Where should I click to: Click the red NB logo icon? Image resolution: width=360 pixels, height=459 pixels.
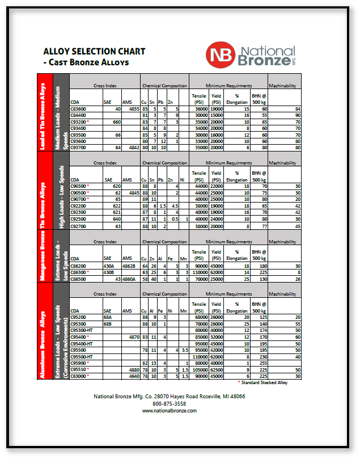(x=219, y=54)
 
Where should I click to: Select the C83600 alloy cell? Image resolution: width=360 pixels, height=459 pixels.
(x=78, y=108)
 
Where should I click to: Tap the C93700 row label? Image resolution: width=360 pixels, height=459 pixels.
(x=78, y=148)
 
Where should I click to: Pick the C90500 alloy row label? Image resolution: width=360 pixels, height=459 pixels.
(x=79, y=192)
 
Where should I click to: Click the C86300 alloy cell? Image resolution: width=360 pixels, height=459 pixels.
(x=79, y=272)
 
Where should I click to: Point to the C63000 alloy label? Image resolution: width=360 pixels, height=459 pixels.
(x=79, y=376)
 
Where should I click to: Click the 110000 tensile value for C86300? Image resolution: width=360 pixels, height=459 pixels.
(x=199, y=272)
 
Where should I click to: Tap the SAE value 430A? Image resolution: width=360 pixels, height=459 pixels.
(x=109, y=266)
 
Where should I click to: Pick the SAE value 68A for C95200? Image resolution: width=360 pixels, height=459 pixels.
(x=108, y=317)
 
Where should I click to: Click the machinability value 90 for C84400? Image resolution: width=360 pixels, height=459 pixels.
(x=297, y=115)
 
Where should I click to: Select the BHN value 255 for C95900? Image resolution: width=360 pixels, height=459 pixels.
(x=262, y=363)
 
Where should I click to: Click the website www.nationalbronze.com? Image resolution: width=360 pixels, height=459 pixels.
(x=169, y=410)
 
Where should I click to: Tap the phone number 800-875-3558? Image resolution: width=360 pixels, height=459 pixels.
(x=169, y=403)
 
